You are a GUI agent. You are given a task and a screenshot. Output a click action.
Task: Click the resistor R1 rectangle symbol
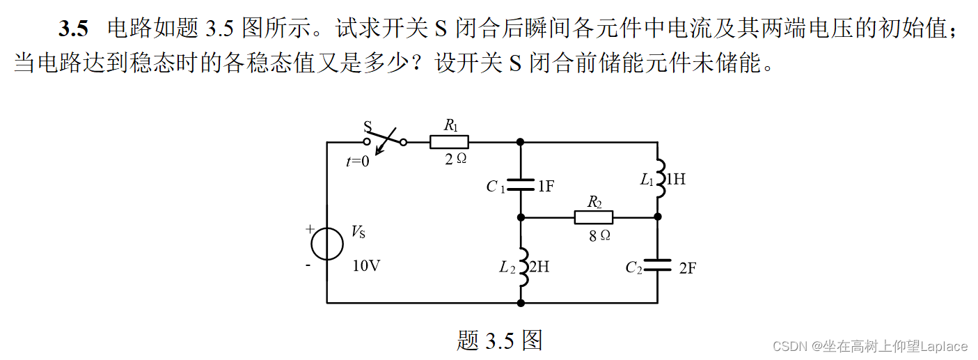point(449,142)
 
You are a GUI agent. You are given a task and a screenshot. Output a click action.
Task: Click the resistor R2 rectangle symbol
point(594,217)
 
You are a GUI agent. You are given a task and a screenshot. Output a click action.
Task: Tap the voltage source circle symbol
point(326,244)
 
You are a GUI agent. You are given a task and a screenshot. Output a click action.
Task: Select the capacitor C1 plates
point(521,185)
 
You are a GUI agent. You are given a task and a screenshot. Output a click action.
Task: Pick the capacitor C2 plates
point(657,265)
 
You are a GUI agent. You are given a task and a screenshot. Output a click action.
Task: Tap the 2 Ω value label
point(455,159)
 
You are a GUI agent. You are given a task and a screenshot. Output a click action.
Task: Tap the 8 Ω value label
point(599,235)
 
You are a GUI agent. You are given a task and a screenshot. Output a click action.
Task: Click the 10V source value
point(366,266)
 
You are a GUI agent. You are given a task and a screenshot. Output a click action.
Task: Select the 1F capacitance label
point(546,186)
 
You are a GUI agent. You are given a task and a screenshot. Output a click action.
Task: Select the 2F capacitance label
point(687,268)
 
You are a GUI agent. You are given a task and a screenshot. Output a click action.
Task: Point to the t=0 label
point(358,162)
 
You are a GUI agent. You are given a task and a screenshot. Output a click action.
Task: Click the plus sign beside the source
point(308,229)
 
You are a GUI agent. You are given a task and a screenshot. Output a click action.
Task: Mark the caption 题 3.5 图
point(499,340)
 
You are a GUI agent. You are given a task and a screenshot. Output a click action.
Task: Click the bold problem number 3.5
point(74,29)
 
